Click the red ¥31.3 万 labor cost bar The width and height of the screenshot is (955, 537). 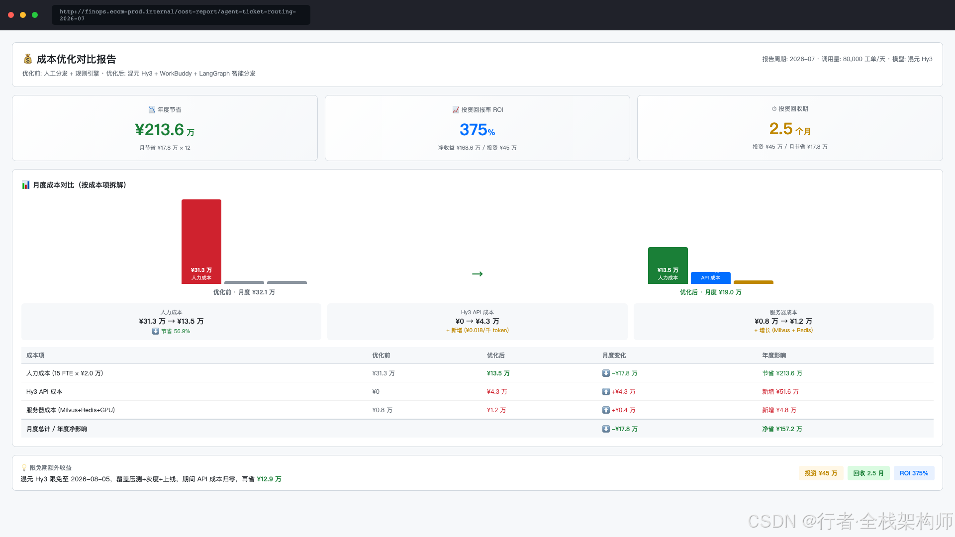(x=201, y=242)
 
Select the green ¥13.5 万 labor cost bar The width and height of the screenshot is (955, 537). (x=668, y=266)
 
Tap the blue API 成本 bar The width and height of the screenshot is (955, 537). (x=710, y=278)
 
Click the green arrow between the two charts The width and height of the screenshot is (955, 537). (x=477, y=274)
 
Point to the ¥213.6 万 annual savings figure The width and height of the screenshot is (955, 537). (x=165, y=130)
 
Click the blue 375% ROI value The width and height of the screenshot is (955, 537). (x=477, y=130)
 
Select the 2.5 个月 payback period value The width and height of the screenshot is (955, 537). (x=790, y=129)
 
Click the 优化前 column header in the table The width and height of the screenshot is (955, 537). (x=381, y=356)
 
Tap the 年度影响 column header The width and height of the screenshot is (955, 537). (x=774, y=356)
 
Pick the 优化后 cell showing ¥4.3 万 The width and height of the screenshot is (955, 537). (x=497, y=392)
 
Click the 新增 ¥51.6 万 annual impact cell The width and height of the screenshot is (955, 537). (x=780, y=392)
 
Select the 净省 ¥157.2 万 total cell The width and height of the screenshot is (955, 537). (x=782, y=429)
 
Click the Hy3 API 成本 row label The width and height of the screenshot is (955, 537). (x=44, y=392)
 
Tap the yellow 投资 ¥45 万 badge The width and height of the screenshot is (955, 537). (x=821, y=473)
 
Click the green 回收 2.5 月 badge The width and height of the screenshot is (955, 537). (x=868, y=473)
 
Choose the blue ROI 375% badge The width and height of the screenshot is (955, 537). (x=914, y=473)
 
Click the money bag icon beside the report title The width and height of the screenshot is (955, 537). (x=28, y=59)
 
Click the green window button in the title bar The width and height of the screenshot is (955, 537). (x=35, y=15)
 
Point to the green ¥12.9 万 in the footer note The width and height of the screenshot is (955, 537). (x=269, y=479)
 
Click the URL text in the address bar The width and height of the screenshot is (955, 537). (x=178, y=15)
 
